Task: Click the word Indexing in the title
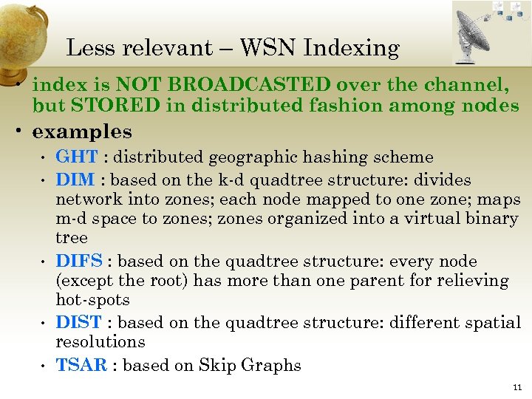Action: pyautogui.click(x=351, y=48)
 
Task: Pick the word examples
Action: pyautogui.click(x=82, y=132)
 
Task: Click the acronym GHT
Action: pyautogui.click(x=77, y=157)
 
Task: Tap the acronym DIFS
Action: pyautogui.click(x=79, y=262)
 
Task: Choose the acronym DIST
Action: pyautogui.click(x=79, y=323)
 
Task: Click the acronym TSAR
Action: pyautogui.click(x=81, y=365)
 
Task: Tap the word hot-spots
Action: pyautogui.click(x=92, y=300)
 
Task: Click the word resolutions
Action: pyautogui.click(x=100, y=342)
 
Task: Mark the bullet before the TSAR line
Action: pyautogui.click(x=45, y=366)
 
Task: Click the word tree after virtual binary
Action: pyautogui.click(x=72, y=238)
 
